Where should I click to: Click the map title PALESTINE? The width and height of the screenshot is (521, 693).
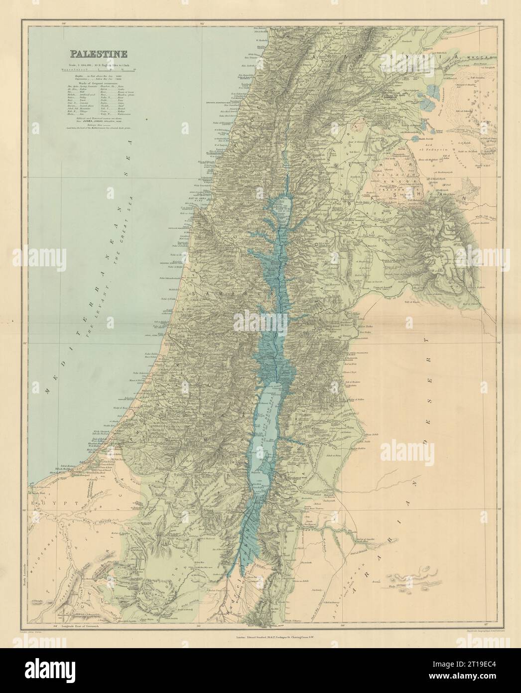tap(98, 53)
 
